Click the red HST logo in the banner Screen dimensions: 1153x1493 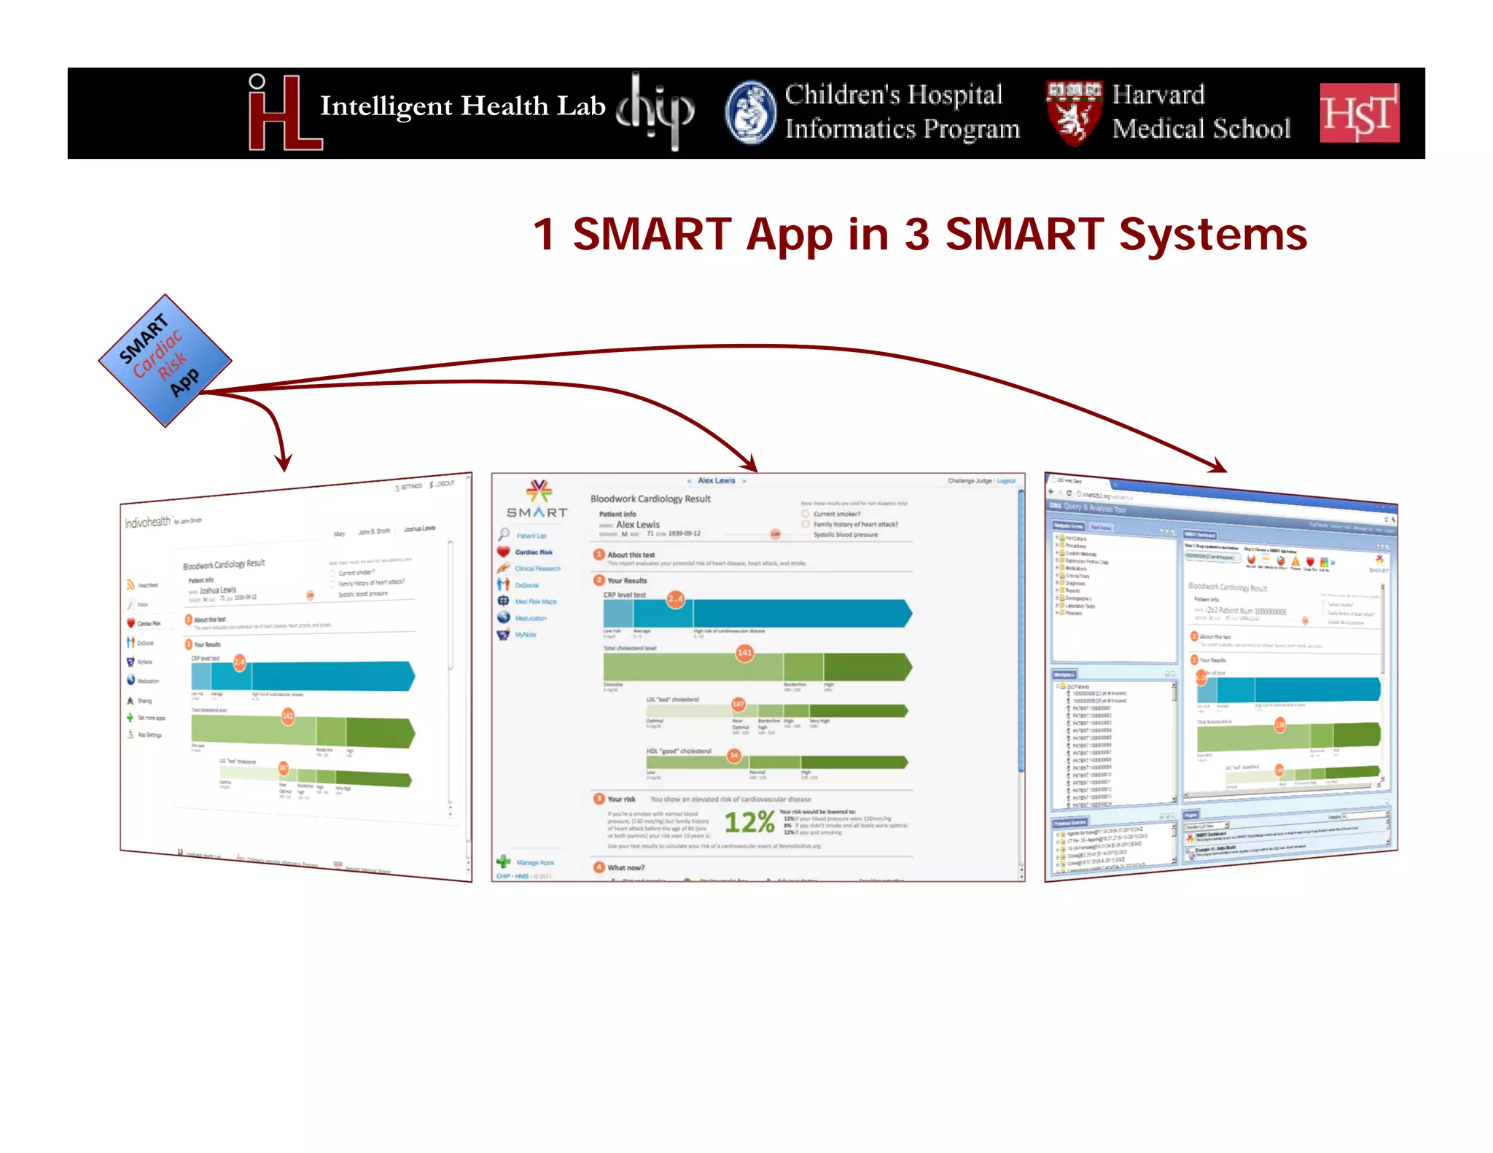(1359, 113)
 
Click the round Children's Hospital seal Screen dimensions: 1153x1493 (750, 113)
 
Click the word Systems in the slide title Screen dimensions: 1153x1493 (1213, 235)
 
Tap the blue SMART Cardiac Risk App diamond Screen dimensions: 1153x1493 (165, 360)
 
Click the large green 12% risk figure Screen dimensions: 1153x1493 (749, 822)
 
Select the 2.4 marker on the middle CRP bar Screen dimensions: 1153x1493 (676, 599)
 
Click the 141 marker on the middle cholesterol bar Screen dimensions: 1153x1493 (744, 652)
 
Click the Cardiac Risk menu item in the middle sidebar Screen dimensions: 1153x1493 (534, 552)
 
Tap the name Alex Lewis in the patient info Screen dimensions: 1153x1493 (638, 524)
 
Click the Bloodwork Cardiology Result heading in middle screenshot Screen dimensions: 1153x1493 (650, 499)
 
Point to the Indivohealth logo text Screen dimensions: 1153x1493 (147, 523)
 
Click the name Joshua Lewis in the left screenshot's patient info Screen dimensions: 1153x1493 (218, 590)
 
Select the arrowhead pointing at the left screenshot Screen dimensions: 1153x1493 (284, 463)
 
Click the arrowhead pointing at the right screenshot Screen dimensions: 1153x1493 (1219, 466)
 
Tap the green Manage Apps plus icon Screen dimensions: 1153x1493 (503, 861)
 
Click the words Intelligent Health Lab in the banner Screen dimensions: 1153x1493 (462, 106)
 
